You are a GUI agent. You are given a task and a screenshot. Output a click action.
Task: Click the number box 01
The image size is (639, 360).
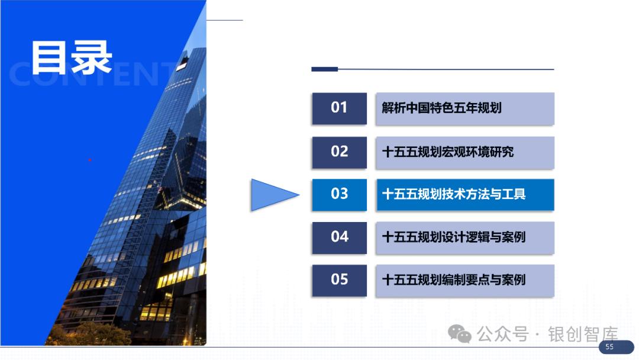pos(339,108)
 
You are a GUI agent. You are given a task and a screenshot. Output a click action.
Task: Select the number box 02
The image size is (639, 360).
pos(339,152)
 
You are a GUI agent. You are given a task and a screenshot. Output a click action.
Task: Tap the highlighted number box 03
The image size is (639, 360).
pos(339,194)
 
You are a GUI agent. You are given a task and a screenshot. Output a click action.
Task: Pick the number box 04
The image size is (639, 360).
pos(339,237)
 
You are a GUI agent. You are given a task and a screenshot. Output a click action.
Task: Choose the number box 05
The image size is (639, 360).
pos(339,281)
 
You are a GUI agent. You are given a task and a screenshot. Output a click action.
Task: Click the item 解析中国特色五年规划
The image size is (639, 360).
pos(465,108)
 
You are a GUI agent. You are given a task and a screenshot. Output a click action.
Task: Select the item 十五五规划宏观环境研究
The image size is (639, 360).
pos(465,153)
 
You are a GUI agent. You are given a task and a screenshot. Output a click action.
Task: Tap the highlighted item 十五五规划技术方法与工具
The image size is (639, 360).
pos(465,195)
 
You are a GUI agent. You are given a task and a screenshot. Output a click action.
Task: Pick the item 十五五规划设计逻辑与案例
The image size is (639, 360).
pos(465,238)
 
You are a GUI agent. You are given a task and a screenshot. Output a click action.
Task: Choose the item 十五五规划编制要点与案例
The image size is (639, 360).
pos(465,281)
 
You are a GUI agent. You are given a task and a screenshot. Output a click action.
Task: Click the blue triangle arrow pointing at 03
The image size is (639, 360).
pos(271,195)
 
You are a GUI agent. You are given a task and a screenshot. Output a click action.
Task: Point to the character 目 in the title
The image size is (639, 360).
pos(49,57)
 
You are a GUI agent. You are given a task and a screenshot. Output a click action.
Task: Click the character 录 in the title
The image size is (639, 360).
pos(91,57)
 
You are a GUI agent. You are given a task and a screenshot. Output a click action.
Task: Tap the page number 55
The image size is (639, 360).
pos(609,347)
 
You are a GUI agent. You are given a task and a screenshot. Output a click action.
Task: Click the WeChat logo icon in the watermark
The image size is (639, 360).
pos(460,334)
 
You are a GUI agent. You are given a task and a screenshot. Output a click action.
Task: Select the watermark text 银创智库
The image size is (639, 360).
pos(583,335)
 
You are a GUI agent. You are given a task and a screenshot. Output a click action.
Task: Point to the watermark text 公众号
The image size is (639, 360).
pos(503,335)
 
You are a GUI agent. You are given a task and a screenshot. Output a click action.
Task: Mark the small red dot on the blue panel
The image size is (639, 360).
pos(90,160)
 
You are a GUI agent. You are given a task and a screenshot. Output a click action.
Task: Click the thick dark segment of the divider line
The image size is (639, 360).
pos(325,69)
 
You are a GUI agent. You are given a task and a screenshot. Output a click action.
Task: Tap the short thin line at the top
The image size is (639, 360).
pos(225,20)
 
